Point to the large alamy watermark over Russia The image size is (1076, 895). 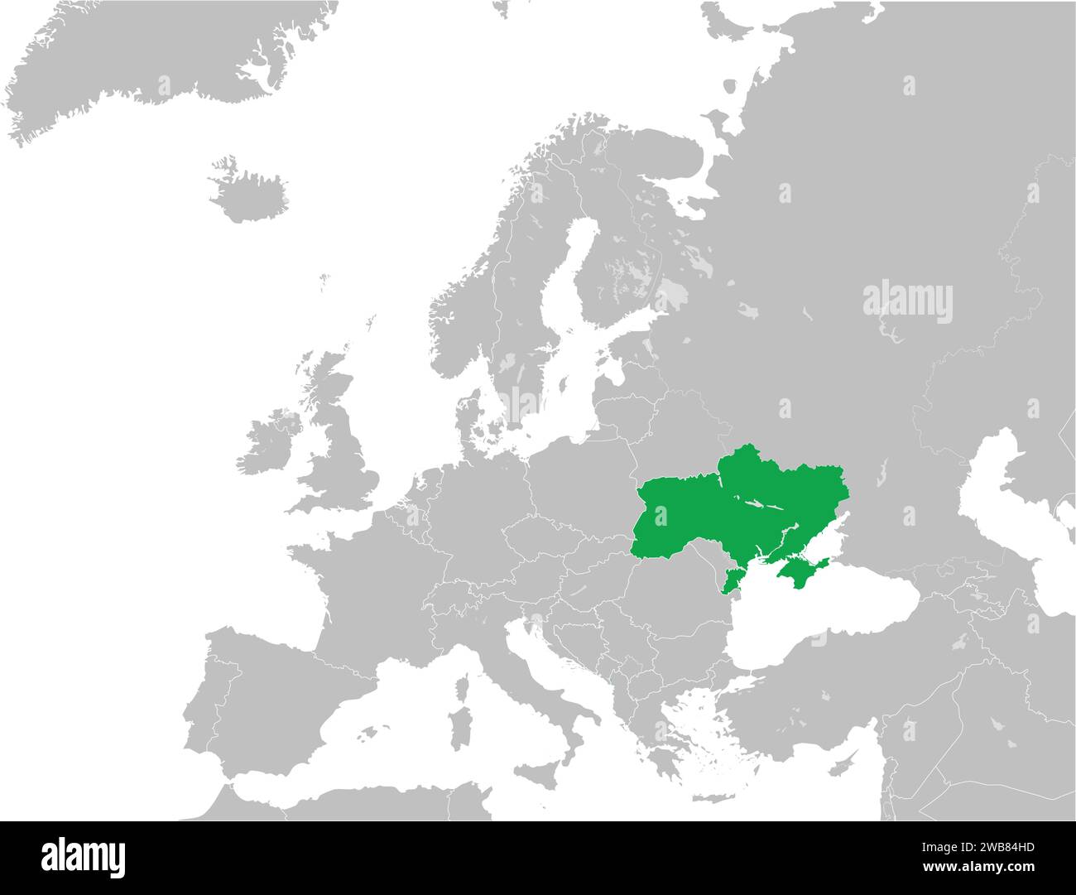point(908,302)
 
